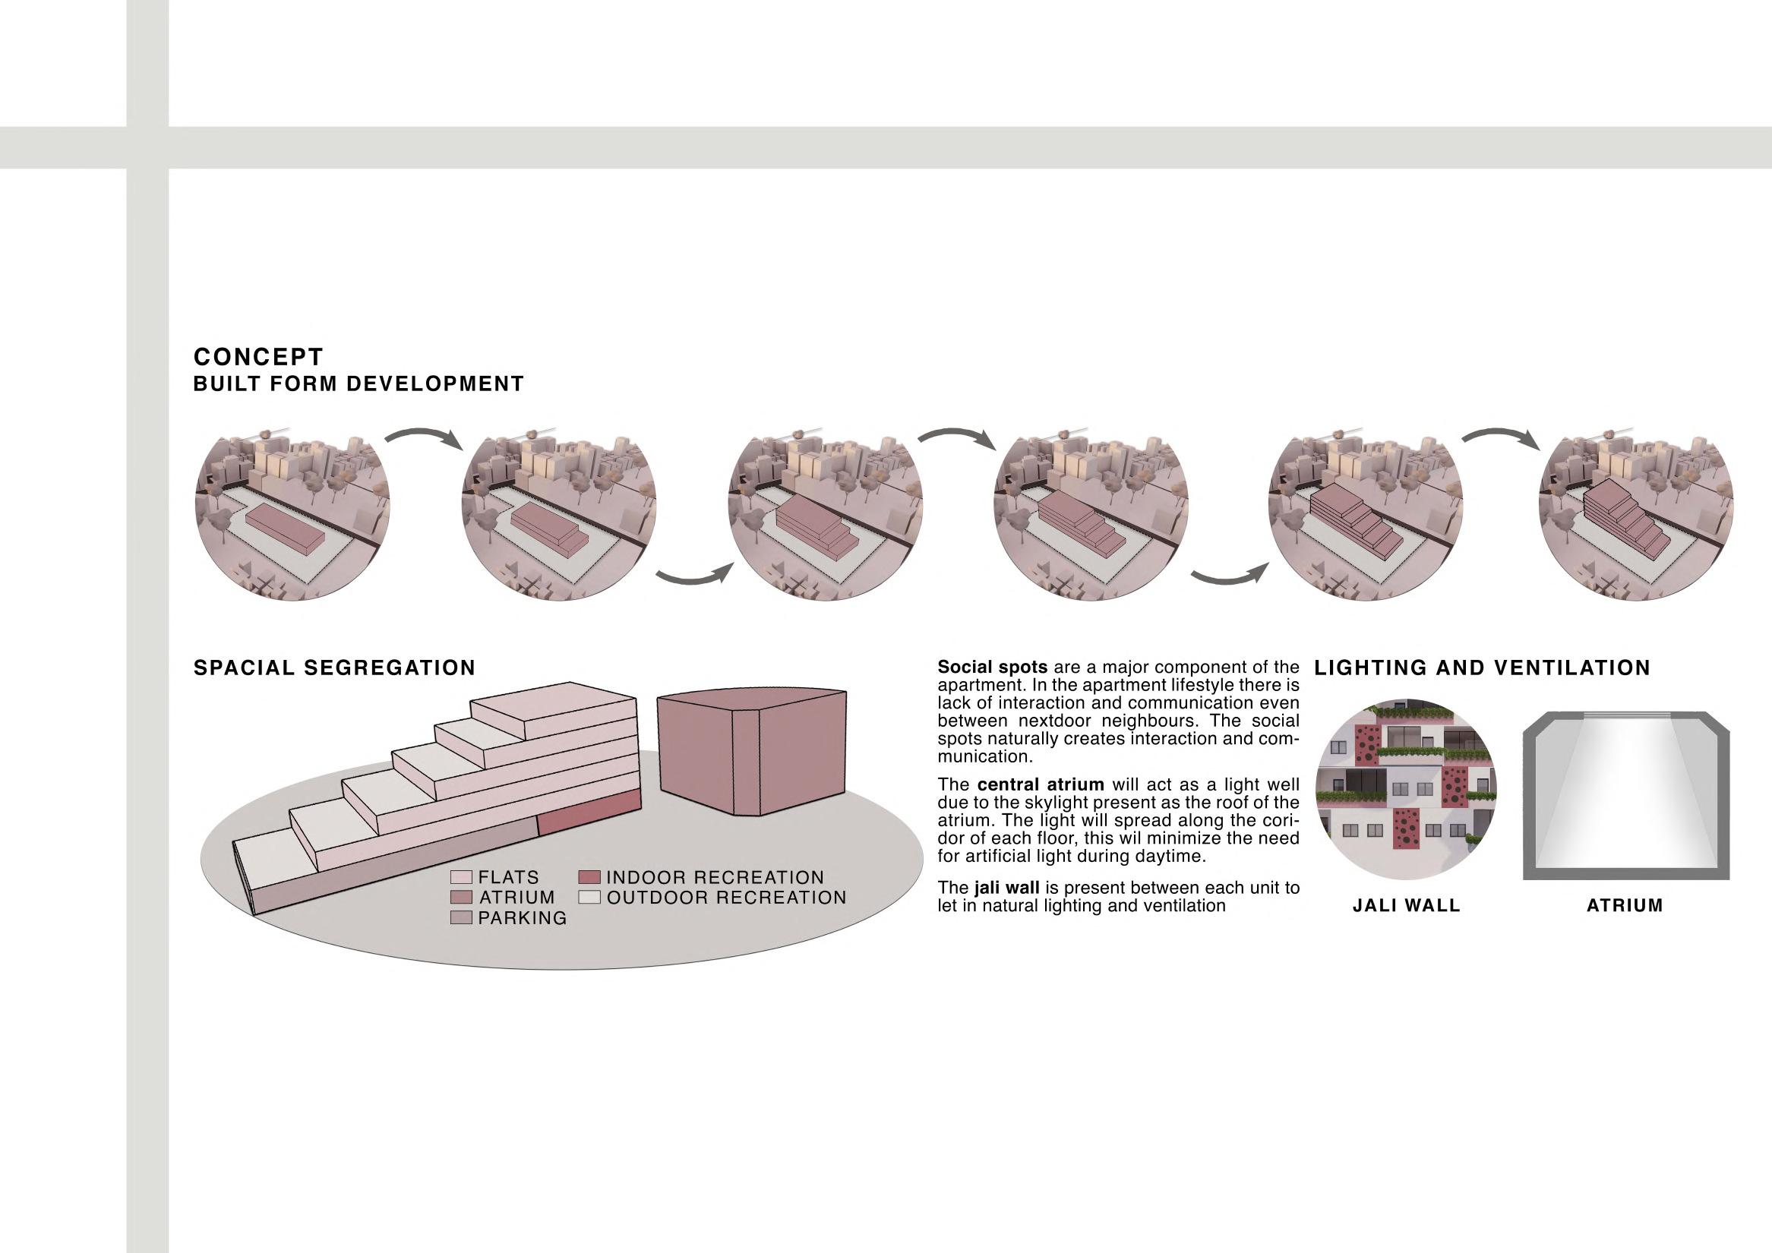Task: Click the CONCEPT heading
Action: (x=257, y=356)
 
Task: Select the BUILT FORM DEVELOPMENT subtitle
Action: (x=358, y=383)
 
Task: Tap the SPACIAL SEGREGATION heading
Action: (x=334, y=668)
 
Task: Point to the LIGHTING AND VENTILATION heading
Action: (x=1482, y=668)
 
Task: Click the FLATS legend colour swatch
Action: (x=461, y=877)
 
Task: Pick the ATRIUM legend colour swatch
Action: (x=461, y=898)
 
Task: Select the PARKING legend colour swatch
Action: (x=461, y=917)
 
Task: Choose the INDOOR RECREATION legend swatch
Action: (x=589, y=877)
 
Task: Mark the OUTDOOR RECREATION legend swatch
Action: (x=589, y=898)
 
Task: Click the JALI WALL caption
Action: (x=1406, y=906)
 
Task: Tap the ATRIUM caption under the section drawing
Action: (x=1625, y=906)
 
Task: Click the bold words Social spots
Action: (x=992, y=667)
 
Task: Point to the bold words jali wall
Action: (x=1006, y=888)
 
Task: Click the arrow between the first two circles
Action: (x=425, y=438)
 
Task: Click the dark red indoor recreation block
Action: (x=588, y=816)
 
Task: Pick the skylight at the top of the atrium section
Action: (x=1625, y=716)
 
